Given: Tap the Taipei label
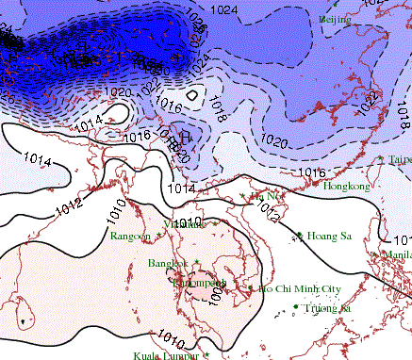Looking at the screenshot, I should tap(400, 160).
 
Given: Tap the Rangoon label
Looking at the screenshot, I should tap(130, 236).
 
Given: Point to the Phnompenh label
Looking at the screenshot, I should tap(199, 282).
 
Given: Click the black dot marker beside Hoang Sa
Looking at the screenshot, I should tap(299, 235).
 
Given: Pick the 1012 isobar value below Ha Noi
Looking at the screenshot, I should tap(267, 216).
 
